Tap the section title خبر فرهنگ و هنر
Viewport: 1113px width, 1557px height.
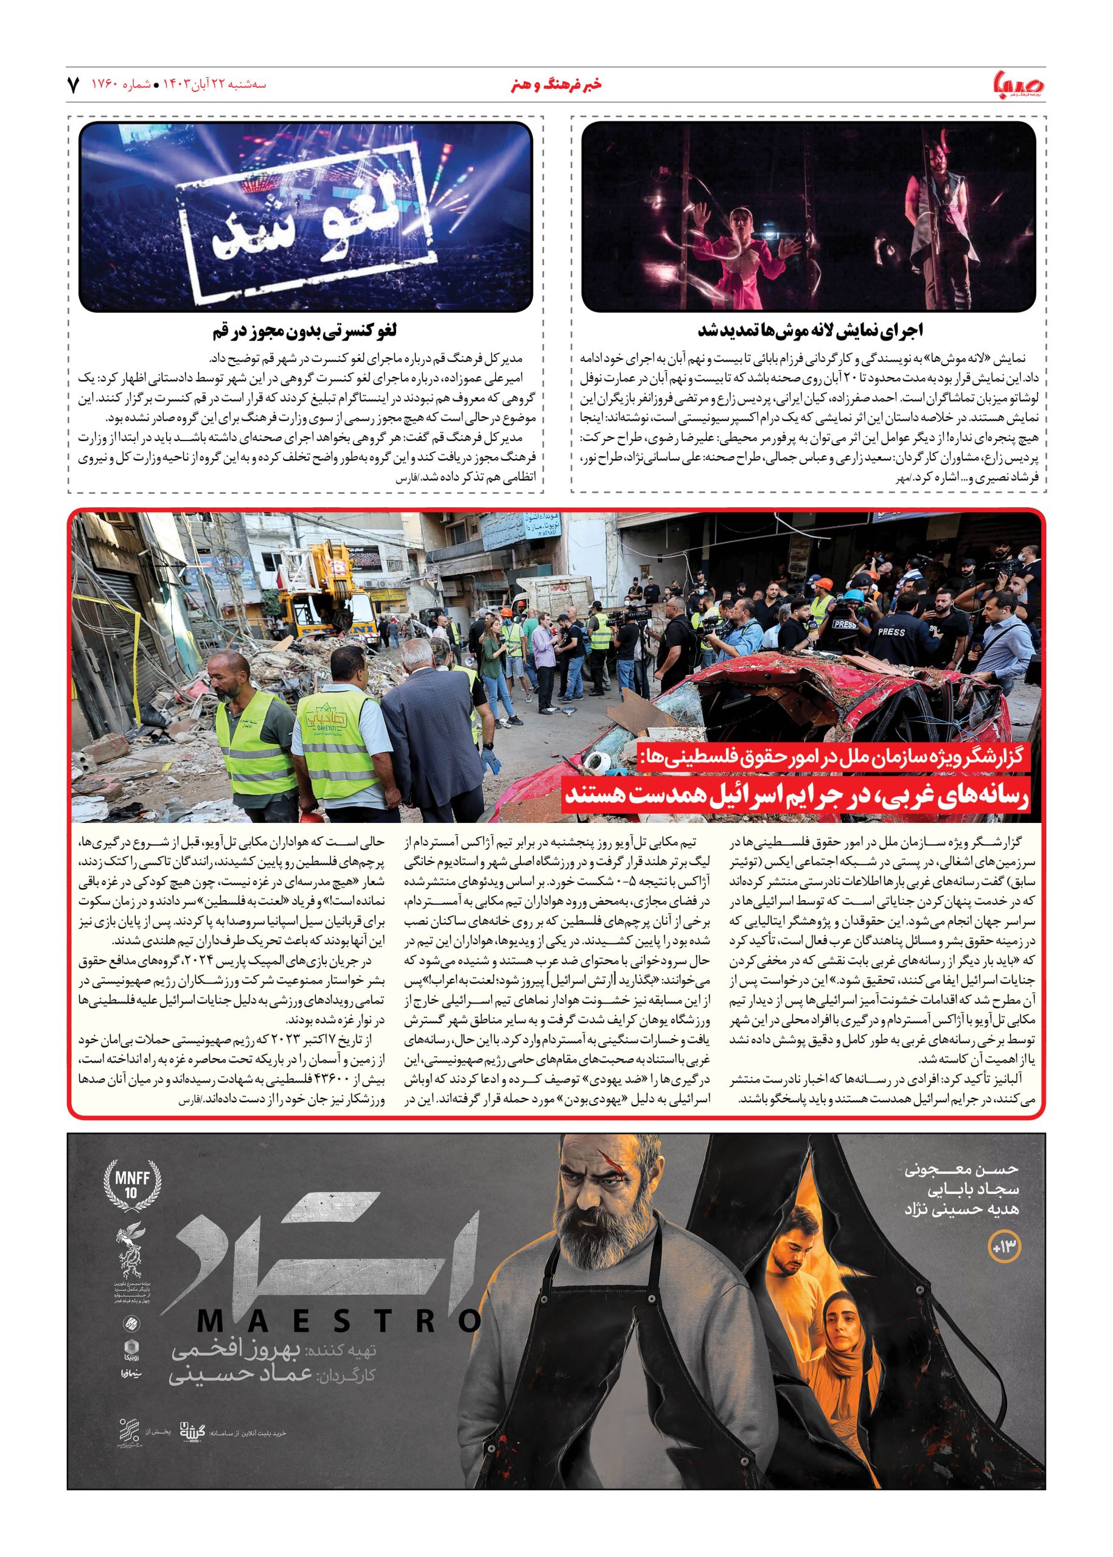point(556,85)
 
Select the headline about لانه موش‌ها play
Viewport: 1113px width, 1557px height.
point(810,331)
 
